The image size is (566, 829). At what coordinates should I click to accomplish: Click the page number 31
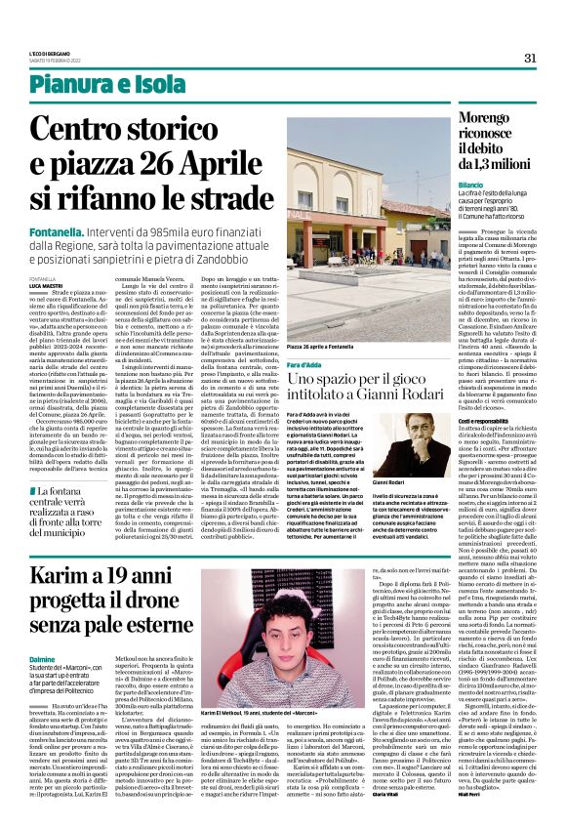[x=532, y=57]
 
